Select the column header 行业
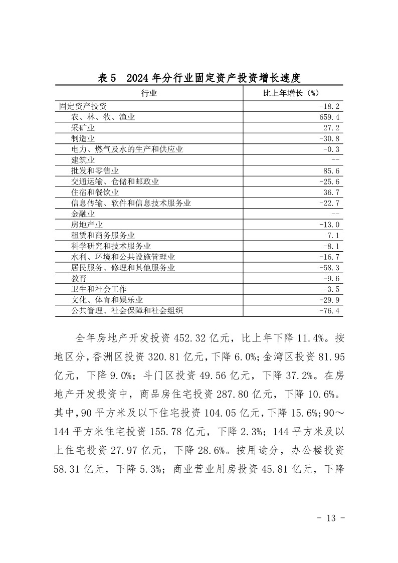click(149, 93)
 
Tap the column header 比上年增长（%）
click(292, 93)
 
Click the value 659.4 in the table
click(329, 117)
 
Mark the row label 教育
click(79, 278)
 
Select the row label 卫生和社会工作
click(99, 289)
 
